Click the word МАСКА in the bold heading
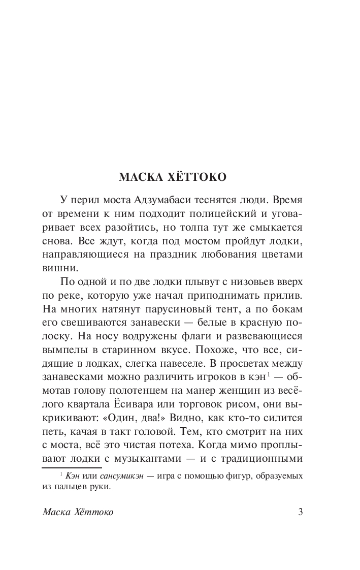tap(138, 177)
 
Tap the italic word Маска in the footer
tap(57, 512)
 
